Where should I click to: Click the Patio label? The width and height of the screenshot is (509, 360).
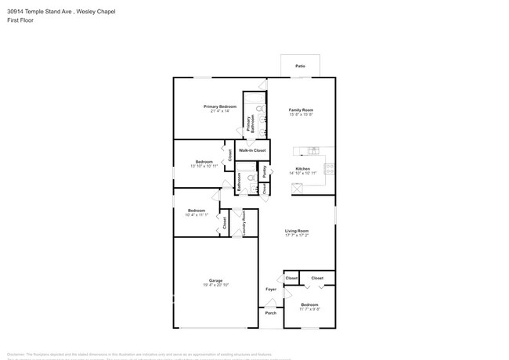[x=300, y=67]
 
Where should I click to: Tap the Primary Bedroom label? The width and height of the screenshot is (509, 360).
[x=220, y=106]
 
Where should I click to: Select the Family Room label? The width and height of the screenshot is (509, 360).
[x=301, y=110]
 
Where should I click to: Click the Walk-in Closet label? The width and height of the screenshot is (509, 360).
[x=252, y=149]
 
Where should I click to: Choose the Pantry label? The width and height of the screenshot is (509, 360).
[x=265, y=171]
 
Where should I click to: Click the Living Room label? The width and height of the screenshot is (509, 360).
[x=296, y=230]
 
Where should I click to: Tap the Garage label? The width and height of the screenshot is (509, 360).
[x=215, y=280]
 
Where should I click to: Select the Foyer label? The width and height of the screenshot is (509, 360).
[x=270, y=289]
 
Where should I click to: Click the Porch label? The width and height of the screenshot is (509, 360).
[x=270, y=314]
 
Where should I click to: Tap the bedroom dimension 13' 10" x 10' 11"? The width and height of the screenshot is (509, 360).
[x=204, y=166]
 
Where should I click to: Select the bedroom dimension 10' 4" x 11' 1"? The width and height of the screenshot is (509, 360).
[x=196, y=214]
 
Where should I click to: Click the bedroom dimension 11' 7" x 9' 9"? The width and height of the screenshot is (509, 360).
[x=309, y=308]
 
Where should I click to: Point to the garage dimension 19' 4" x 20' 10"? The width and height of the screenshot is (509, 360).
[x=215, y=285]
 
